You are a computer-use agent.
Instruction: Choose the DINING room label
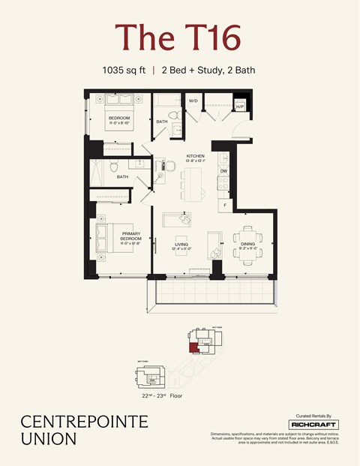point(247,243)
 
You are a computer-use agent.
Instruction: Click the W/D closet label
point(193,100)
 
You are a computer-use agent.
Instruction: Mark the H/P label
point(240,107)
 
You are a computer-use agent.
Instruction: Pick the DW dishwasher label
point(223,171)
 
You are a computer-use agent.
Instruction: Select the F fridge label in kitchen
point(223,203)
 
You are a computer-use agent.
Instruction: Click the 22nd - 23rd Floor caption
point(161,395)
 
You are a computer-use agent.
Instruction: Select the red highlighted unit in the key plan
point(193,347)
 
